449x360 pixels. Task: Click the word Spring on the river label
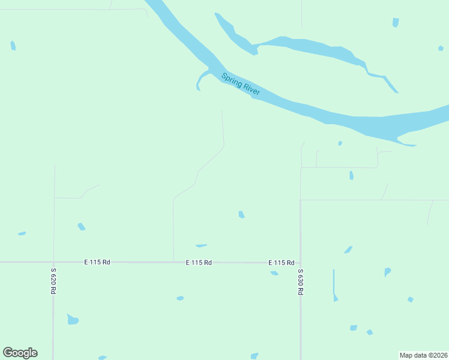click(x=232, y=80)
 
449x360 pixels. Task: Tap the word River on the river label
click(x=251, y=89)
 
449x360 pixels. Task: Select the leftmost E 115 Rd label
click(x=97, y=262)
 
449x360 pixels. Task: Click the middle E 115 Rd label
click(x=199, y=263)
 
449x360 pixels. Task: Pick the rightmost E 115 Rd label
click(x=281, y=263)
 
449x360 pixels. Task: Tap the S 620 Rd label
click(x=53, y=280)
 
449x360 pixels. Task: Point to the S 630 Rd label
click(x=300, y=281)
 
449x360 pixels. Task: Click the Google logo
click(x=20, y=353)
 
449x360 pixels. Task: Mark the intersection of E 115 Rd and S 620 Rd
click(x=53, y=262)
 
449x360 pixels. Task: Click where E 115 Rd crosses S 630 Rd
click(x=300, y=263)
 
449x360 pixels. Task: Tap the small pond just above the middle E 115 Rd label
click(x=201, y=245)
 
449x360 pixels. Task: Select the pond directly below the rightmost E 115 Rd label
click(x=274, y=273)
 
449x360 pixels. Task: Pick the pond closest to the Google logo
click(x=73, y=319)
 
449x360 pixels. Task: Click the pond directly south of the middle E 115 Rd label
click(x=179, y=298)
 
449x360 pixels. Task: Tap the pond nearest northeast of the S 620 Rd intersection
click(x=81, y=227)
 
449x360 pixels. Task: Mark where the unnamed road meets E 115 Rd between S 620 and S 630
click(x=173, y=262)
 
